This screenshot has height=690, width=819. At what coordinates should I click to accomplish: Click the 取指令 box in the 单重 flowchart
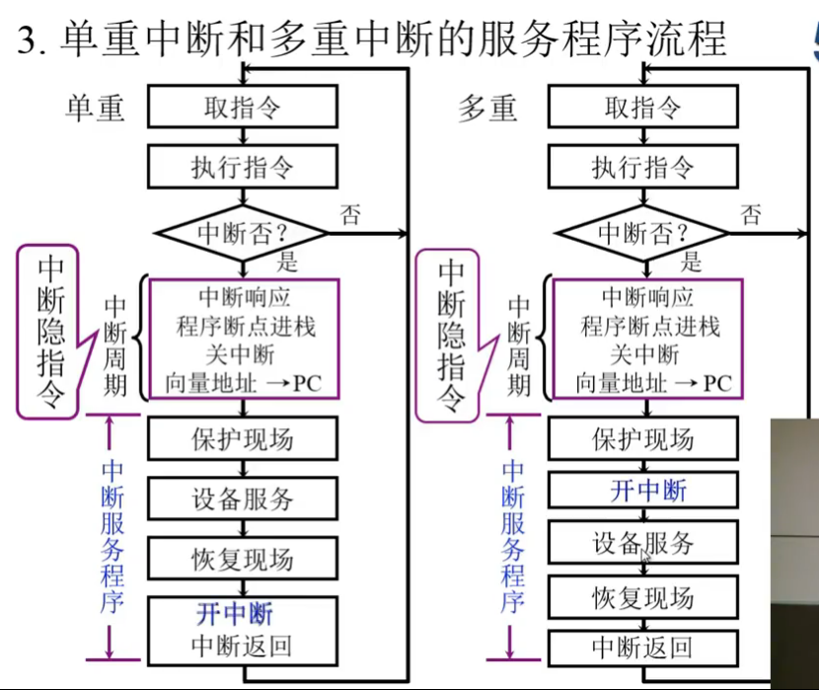click(x=242, y=108)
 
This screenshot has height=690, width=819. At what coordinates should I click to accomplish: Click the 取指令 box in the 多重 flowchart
click(x=642, y=108)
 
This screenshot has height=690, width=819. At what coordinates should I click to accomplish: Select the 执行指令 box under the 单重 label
click(x=242, y=167)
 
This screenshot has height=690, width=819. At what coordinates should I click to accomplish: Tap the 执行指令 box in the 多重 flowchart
click(x=642, y=167)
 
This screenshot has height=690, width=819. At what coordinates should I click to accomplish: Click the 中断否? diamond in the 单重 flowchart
click(x=242, y=234)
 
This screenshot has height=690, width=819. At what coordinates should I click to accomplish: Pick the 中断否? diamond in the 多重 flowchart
click(x=642, y=234)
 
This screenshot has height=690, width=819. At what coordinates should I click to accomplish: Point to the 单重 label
click(x=96, y=108)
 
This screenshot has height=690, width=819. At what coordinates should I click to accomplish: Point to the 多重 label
click(x=487, y=108)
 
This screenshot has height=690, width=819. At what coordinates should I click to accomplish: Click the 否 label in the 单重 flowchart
click(x=350, y=214)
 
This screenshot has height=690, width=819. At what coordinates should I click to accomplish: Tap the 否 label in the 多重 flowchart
click(x=751, y=213)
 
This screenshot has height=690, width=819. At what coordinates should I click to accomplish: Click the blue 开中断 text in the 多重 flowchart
click(x=647, y=491)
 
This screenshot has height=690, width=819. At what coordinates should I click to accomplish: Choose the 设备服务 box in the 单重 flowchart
click(x=242, y=498)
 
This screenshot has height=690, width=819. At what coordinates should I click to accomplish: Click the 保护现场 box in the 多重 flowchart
click(x=642, y=439)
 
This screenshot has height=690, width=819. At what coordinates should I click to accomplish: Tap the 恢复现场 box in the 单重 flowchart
click(x=242, y=560)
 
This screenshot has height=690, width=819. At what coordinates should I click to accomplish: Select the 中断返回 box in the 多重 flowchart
click(x=642, y=648)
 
